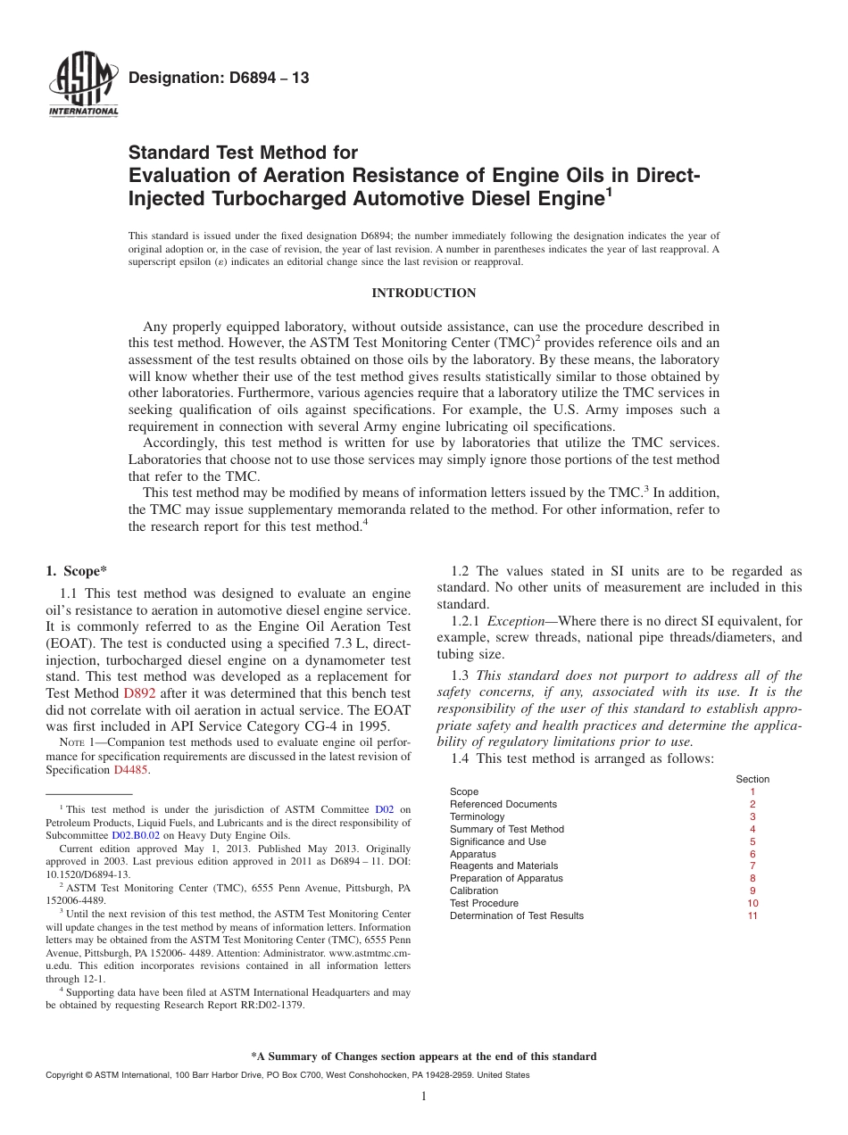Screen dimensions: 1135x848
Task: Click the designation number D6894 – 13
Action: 219,78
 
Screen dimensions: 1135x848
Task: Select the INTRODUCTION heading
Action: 423,293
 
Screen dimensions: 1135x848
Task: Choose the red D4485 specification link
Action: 132,769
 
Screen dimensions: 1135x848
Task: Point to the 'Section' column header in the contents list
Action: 752,779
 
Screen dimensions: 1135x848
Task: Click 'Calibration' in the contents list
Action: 474,891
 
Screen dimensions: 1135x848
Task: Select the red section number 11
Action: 752,915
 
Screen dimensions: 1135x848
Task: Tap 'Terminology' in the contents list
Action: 477,816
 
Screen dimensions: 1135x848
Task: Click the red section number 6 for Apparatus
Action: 752,854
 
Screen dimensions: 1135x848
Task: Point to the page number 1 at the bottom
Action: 424,1097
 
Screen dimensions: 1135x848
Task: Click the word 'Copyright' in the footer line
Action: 66,1075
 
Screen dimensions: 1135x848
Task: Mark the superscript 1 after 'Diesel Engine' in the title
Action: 610,191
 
